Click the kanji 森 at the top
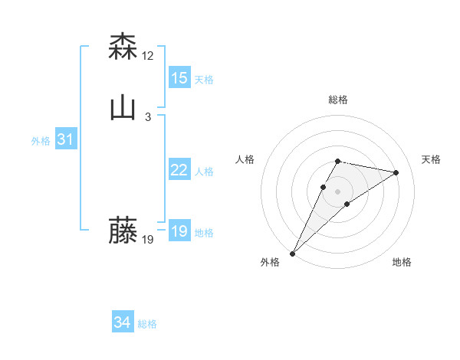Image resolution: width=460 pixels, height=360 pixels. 123,47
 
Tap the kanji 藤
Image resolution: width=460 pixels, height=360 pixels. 123,231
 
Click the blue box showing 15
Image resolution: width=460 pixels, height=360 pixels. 179,78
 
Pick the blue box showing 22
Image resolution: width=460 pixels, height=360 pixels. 179,170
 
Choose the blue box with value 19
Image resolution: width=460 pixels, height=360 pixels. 179,231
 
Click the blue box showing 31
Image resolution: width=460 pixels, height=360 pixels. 66,139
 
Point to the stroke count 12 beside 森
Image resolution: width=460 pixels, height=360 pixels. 148,55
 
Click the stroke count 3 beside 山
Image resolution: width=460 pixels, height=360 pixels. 148,116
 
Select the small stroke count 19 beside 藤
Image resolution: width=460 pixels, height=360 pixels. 148,239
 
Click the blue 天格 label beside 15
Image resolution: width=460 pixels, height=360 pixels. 204,79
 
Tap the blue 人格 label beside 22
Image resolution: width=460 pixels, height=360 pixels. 204,172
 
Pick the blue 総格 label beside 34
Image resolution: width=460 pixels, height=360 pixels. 147,324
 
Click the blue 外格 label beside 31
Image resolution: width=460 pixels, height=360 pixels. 41,141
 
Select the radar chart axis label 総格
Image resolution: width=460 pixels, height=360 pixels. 337,100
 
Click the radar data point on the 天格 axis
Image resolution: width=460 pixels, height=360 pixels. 396,173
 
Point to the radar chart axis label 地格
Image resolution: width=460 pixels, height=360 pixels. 402,262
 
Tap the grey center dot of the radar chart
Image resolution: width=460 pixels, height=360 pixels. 337,191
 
